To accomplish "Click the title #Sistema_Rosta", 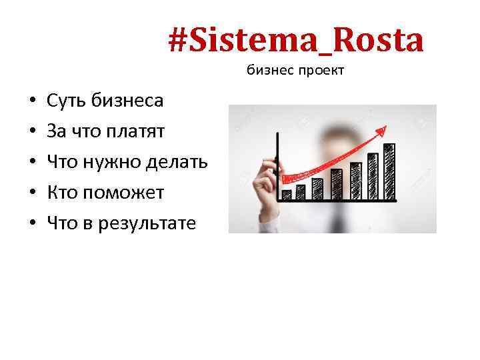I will [295, 41].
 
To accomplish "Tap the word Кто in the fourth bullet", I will [61, 193].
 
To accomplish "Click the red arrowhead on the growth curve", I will [382, 127].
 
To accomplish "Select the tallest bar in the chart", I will [389, 171].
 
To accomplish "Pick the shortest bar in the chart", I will [287, 195].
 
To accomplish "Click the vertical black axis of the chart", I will [277, 167].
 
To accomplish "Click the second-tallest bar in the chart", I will [373, 176].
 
